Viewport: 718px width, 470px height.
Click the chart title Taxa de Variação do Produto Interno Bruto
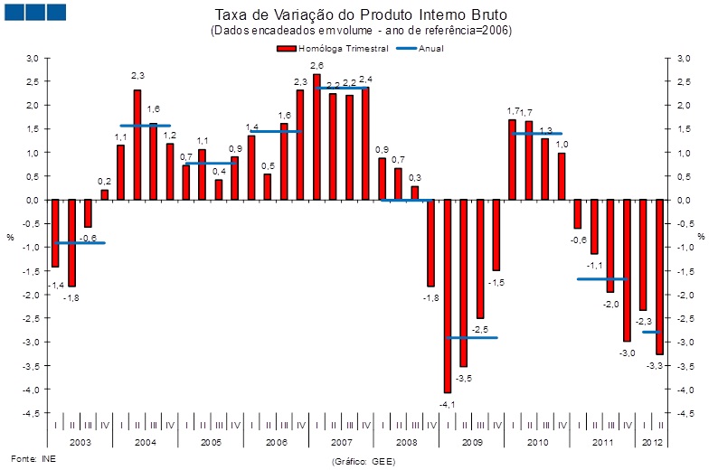[x=360, y=15]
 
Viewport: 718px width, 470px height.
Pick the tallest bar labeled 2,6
[x=316, y=136]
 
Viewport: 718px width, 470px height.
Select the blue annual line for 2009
[x=471, y=337]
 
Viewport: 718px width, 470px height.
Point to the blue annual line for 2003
[x=80, y=242]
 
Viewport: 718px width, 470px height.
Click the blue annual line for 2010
[x=536, y=134]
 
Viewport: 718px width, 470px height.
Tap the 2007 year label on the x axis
[x=341, y=442]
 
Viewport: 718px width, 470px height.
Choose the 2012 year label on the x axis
[x=651, y=442]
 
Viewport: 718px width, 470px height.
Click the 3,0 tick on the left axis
[x=32, y=58]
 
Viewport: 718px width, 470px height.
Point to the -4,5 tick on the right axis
[x=684, y=413]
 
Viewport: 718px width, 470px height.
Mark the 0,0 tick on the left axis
[x=32, y=200]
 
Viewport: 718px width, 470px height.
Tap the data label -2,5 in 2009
[x=480, y=328]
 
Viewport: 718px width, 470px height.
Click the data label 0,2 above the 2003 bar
[x=104, y=181]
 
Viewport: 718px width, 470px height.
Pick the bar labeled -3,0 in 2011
[x=627, y=270]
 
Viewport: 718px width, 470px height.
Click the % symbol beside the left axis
[x=11, y=237]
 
